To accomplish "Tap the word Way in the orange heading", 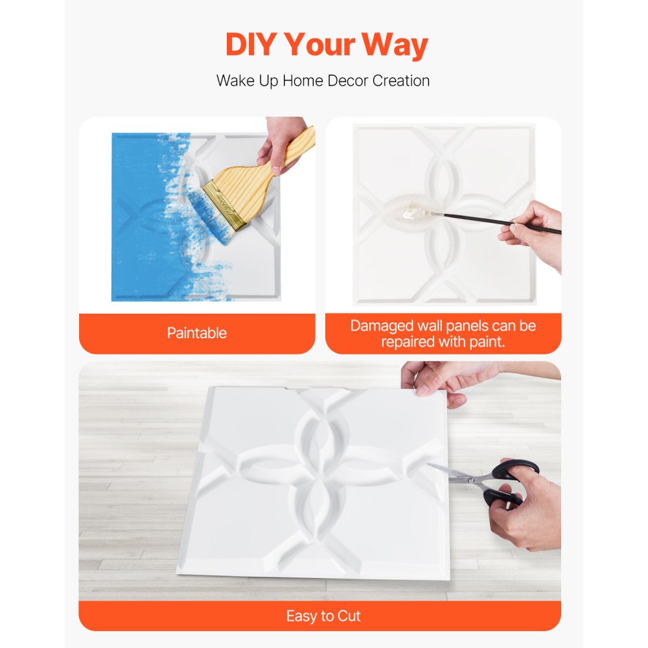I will pos(395,45).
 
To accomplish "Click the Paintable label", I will pos(197,333).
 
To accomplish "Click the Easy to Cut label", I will pos(323,616).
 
